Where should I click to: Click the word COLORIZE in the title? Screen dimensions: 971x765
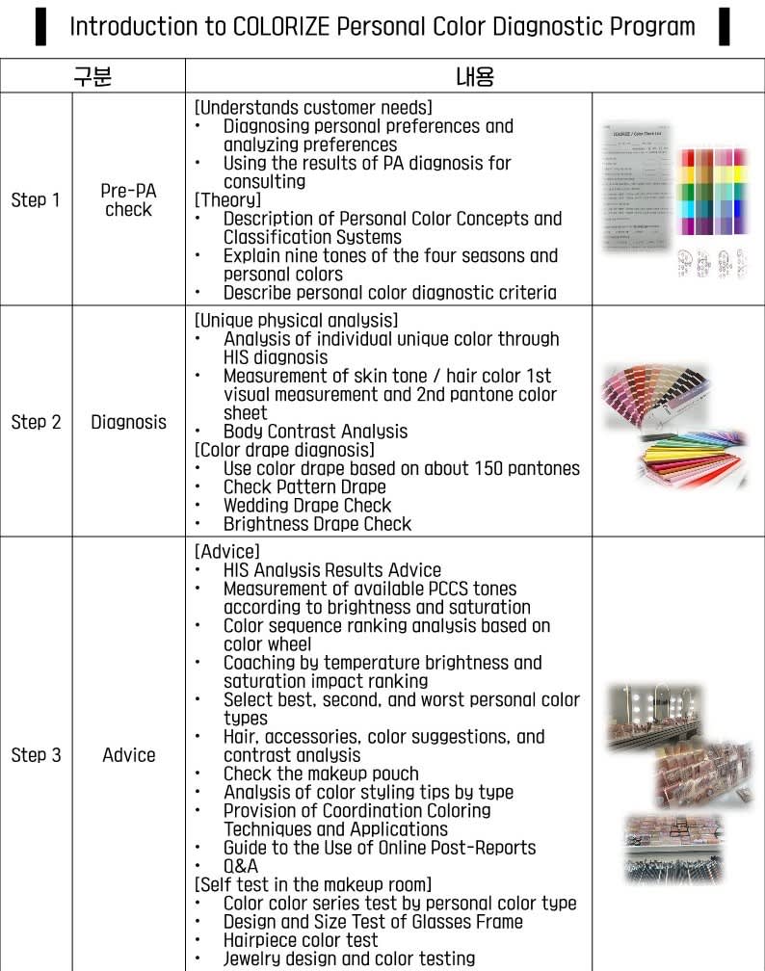(x=280, y=26)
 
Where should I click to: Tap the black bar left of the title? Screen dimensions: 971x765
(x=40, y=26)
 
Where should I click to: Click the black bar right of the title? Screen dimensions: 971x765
(x=724, y=26)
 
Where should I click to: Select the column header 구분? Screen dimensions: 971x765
(x=92, y=76)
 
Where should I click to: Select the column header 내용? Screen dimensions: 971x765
(x=474, y=76)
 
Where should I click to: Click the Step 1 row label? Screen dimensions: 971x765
(x=36, y=200)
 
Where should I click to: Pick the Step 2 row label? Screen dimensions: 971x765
(x=36, y=422)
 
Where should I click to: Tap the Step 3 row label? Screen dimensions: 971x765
(x=36, y=755)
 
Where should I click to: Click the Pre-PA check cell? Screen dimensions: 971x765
(x=128, y=199)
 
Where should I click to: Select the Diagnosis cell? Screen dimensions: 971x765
(x=128, y=422)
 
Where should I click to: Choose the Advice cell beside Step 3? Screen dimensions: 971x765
(x=128, y=755)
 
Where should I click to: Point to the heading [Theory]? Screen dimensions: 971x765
(x=227, y=200)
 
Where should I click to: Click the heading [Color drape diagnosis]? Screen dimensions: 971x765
(x=284, y=450)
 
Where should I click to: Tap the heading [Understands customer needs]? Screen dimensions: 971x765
(x=313, y=108)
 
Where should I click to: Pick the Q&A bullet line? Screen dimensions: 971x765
(x=241, y=866)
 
